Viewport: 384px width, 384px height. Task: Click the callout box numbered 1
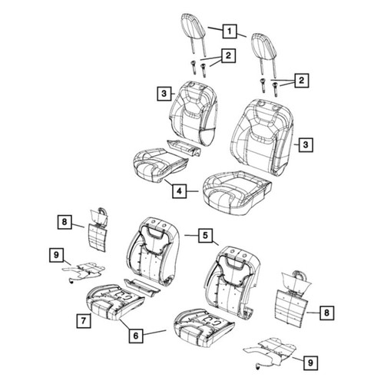[230, 31]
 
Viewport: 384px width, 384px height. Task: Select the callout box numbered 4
[179, 190]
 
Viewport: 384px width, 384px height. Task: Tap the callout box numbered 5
[205, 235]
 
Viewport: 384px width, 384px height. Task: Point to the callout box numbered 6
[136, 336]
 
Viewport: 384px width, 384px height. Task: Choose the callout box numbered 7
[84, 321]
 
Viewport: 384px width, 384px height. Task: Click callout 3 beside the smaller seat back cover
[164, 94]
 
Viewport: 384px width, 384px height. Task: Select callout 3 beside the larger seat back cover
[306, 145]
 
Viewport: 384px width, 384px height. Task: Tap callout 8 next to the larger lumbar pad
[326, 313]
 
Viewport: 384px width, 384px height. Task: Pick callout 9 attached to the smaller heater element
[56, 255]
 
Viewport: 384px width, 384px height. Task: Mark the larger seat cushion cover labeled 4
[237, 193]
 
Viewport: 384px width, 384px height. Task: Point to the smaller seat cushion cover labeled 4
[160, 163]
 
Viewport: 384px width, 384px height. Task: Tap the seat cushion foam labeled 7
[114, 302]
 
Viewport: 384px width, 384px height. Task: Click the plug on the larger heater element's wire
[257, 368]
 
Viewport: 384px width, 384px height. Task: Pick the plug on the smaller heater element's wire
[70, 281]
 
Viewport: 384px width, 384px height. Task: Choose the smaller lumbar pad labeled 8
[98, 229]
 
